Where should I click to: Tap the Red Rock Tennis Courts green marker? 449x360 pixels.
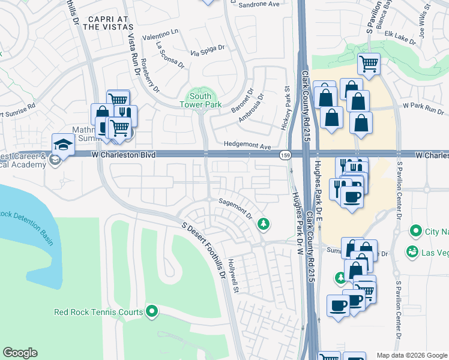point(152,311)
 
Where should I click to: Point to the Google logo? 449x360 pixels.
point(20,353)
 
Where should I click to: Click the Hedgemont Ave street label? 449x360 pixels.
point(248,145)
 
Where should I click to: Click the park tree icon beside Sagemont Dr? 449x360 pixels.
point(262,224)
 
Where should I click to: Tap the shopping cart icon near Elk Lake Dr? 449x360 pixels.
point(369,62)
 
